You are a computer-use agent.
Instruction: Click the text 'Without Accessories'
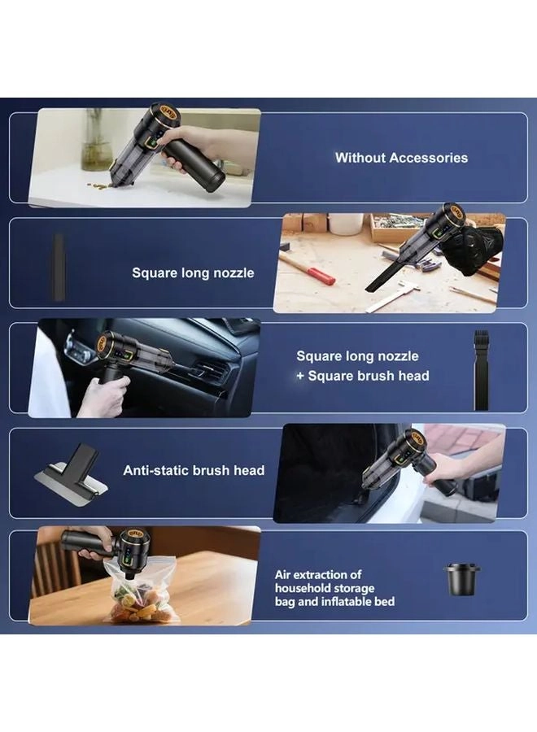pyautogui.click(x=401, y=158)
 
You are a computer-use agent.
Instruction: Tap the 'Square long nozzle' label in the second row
pyautogui.click(x=193, y=273)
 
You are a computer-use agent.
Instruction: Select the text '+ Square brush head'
pyautogui.click(x=363, y=376)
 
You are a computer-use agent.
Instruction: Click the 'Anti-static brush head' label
pyautogui.click(x=194, y=470)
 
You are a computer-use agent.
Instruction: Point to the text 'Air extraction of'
pyautogui.click(x=318, y=574)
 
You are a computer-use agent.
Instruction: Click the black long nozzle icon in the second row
pyautogui.click(x=59, y=256)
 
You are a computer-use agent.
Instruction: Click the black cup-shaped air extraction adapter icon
pyautogui.click(x=459, y=578)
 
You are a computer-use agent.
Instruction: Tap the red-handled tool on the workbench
pyautogui.click(x=308, y=268)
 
